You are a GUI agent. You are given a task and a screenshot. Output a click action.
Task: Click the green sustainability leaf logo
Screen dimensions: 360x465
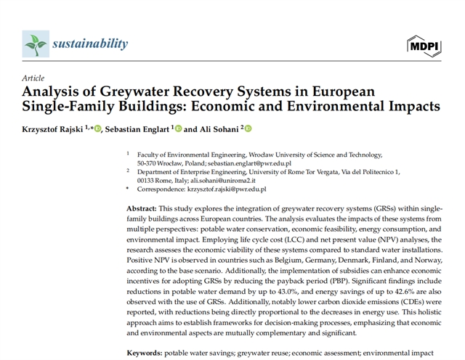click(x=36, y=44)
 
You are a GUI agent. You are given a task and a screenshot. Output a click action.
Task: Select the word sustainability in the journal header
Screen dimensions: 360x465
click(x=90, y=44)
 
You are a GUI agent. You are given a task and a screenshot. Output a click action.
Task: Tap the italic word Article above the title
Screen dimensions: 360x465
click(x=33, y=78)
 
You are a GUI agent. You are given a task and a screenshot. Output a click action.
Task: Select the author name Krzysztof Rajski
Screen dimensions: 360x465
click(x=52, y=129)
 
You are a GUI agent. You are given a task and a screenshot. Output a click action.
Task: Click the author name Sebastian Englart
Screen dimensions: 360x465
click(x=138, y=129)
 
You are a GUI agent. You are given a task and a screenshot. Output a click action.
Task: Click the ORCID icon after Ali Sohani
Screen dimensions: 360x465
click(x=248, y=129)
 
